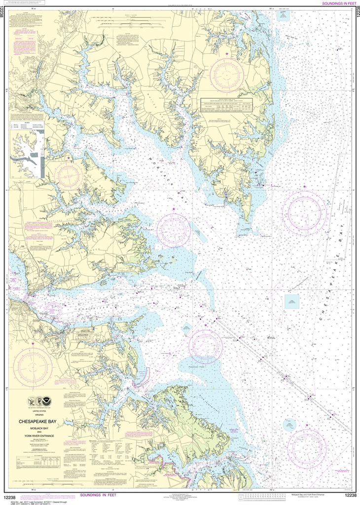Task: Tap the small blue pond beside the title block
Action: click(x=68, y=422)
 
